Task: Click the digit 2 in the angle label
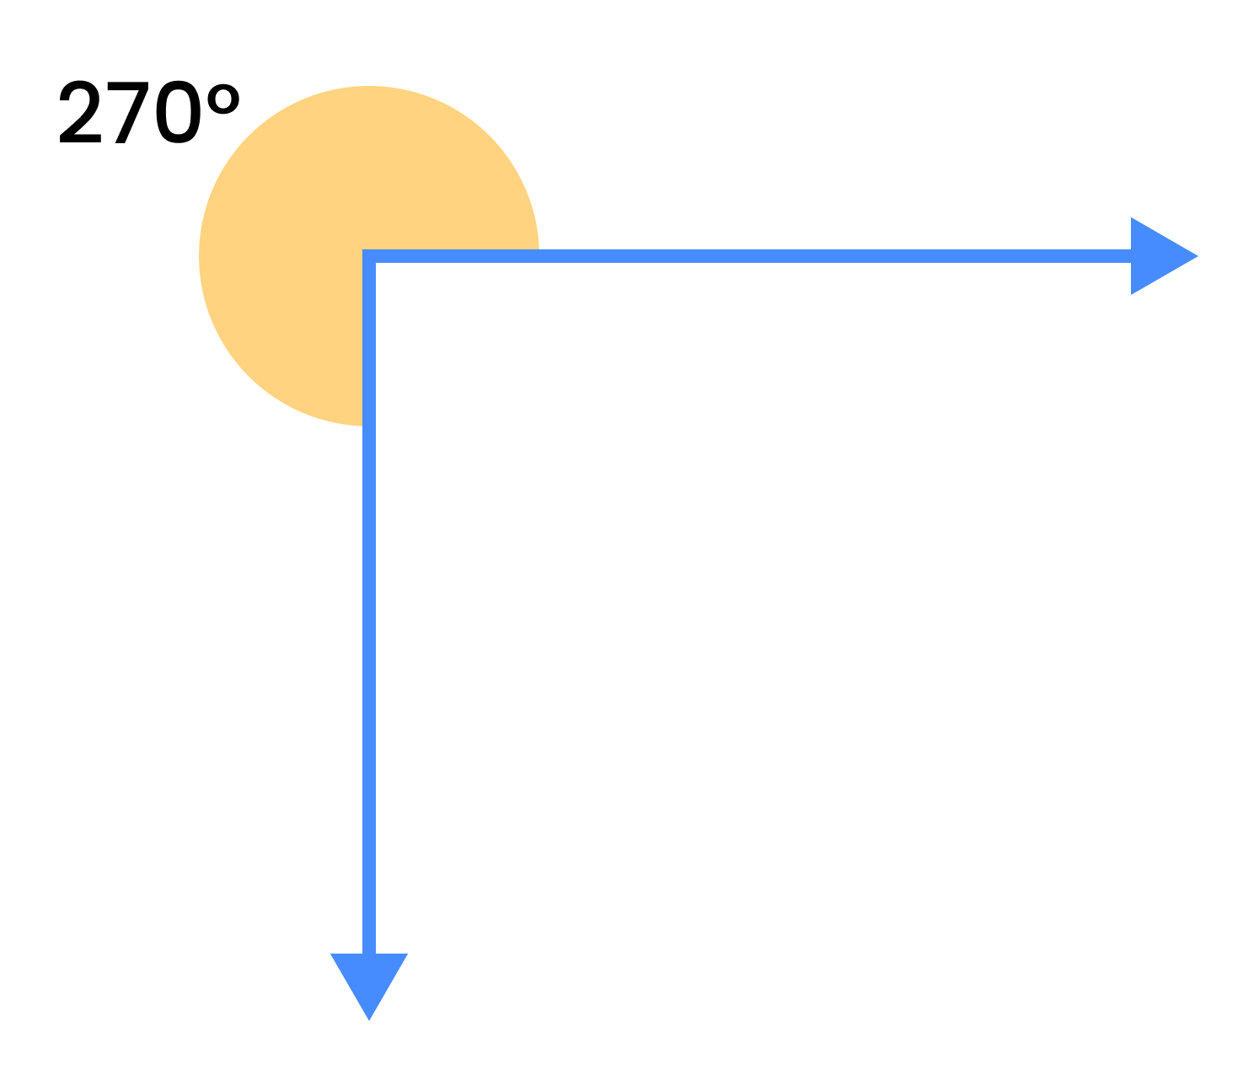click(80, 111)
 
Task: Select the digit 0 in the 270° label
click(179, 111)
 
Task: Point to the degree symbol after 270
click(223, 99)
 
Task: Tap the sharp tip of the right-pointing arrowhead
click(1198, 256)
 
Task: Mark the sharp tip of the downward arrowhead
click(369, 1021)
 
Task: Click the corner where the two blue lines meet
click(369, 256)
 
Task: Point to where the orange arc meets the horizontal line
click(539, 250)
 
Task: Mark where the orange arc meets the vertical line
click(362, 425)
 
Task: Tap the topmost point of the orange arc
click(369, 86)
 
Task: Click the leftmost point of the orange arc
click(199, 256)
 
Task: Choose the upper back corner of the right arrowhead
click(1132, 217)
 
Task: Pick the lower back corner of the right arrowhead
click(1132, 295)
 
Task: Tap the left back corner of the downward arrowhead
click(330, 954)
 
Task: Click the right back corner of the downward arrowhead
click(408, 954)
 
